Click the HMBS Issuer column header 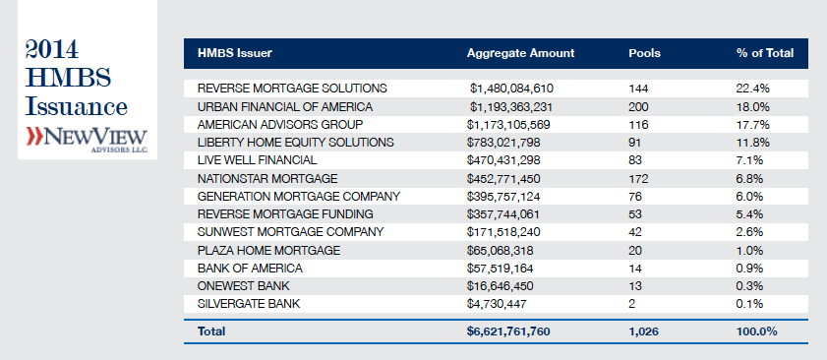pyautogui.click(x=235, y=53)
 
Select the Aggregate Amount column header pyautogui.click(x=520, y=53)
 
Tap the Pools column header pyautogui.click(x=644, y=53)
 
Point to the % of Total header pyautogui.click(x=765, y=53)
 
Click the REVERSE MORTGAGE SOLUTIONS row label pyautogui.click(x=292, y=89)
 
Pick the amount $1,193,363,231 pyautogui.click(x=511, y=107)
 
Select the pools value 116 pyautogui.click(x=638, y=125)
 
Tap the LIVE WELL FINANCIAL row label pyautogui.click(x=257, y=160)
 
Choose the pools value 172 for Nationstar pyautogui.click(x=638, y=178)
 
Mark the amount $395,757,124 pyautogui.click(x=503, y=197)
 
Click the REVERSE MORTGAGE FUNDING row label pyautogui.click(x=285, y=214)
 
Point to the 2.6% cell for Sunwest pyautogui.click(x=750, y=232)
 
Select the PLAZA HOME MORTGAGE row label pyautogui.click(x=269, y=250)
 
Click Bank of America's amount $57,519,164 pyautogui.click(x=500, y=269)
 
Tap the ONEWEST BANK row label pyautogui.click(x=244, y=286)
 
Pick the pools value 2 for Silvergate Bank pyautogui.click(x=632, y=304)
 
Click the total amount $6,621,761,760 pyautogui.click(x=508, y=331)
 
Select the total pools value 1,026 pyautogui.click(x=643, y=331)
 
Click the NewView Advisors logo pyautogui.click(x=87, y=139)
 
